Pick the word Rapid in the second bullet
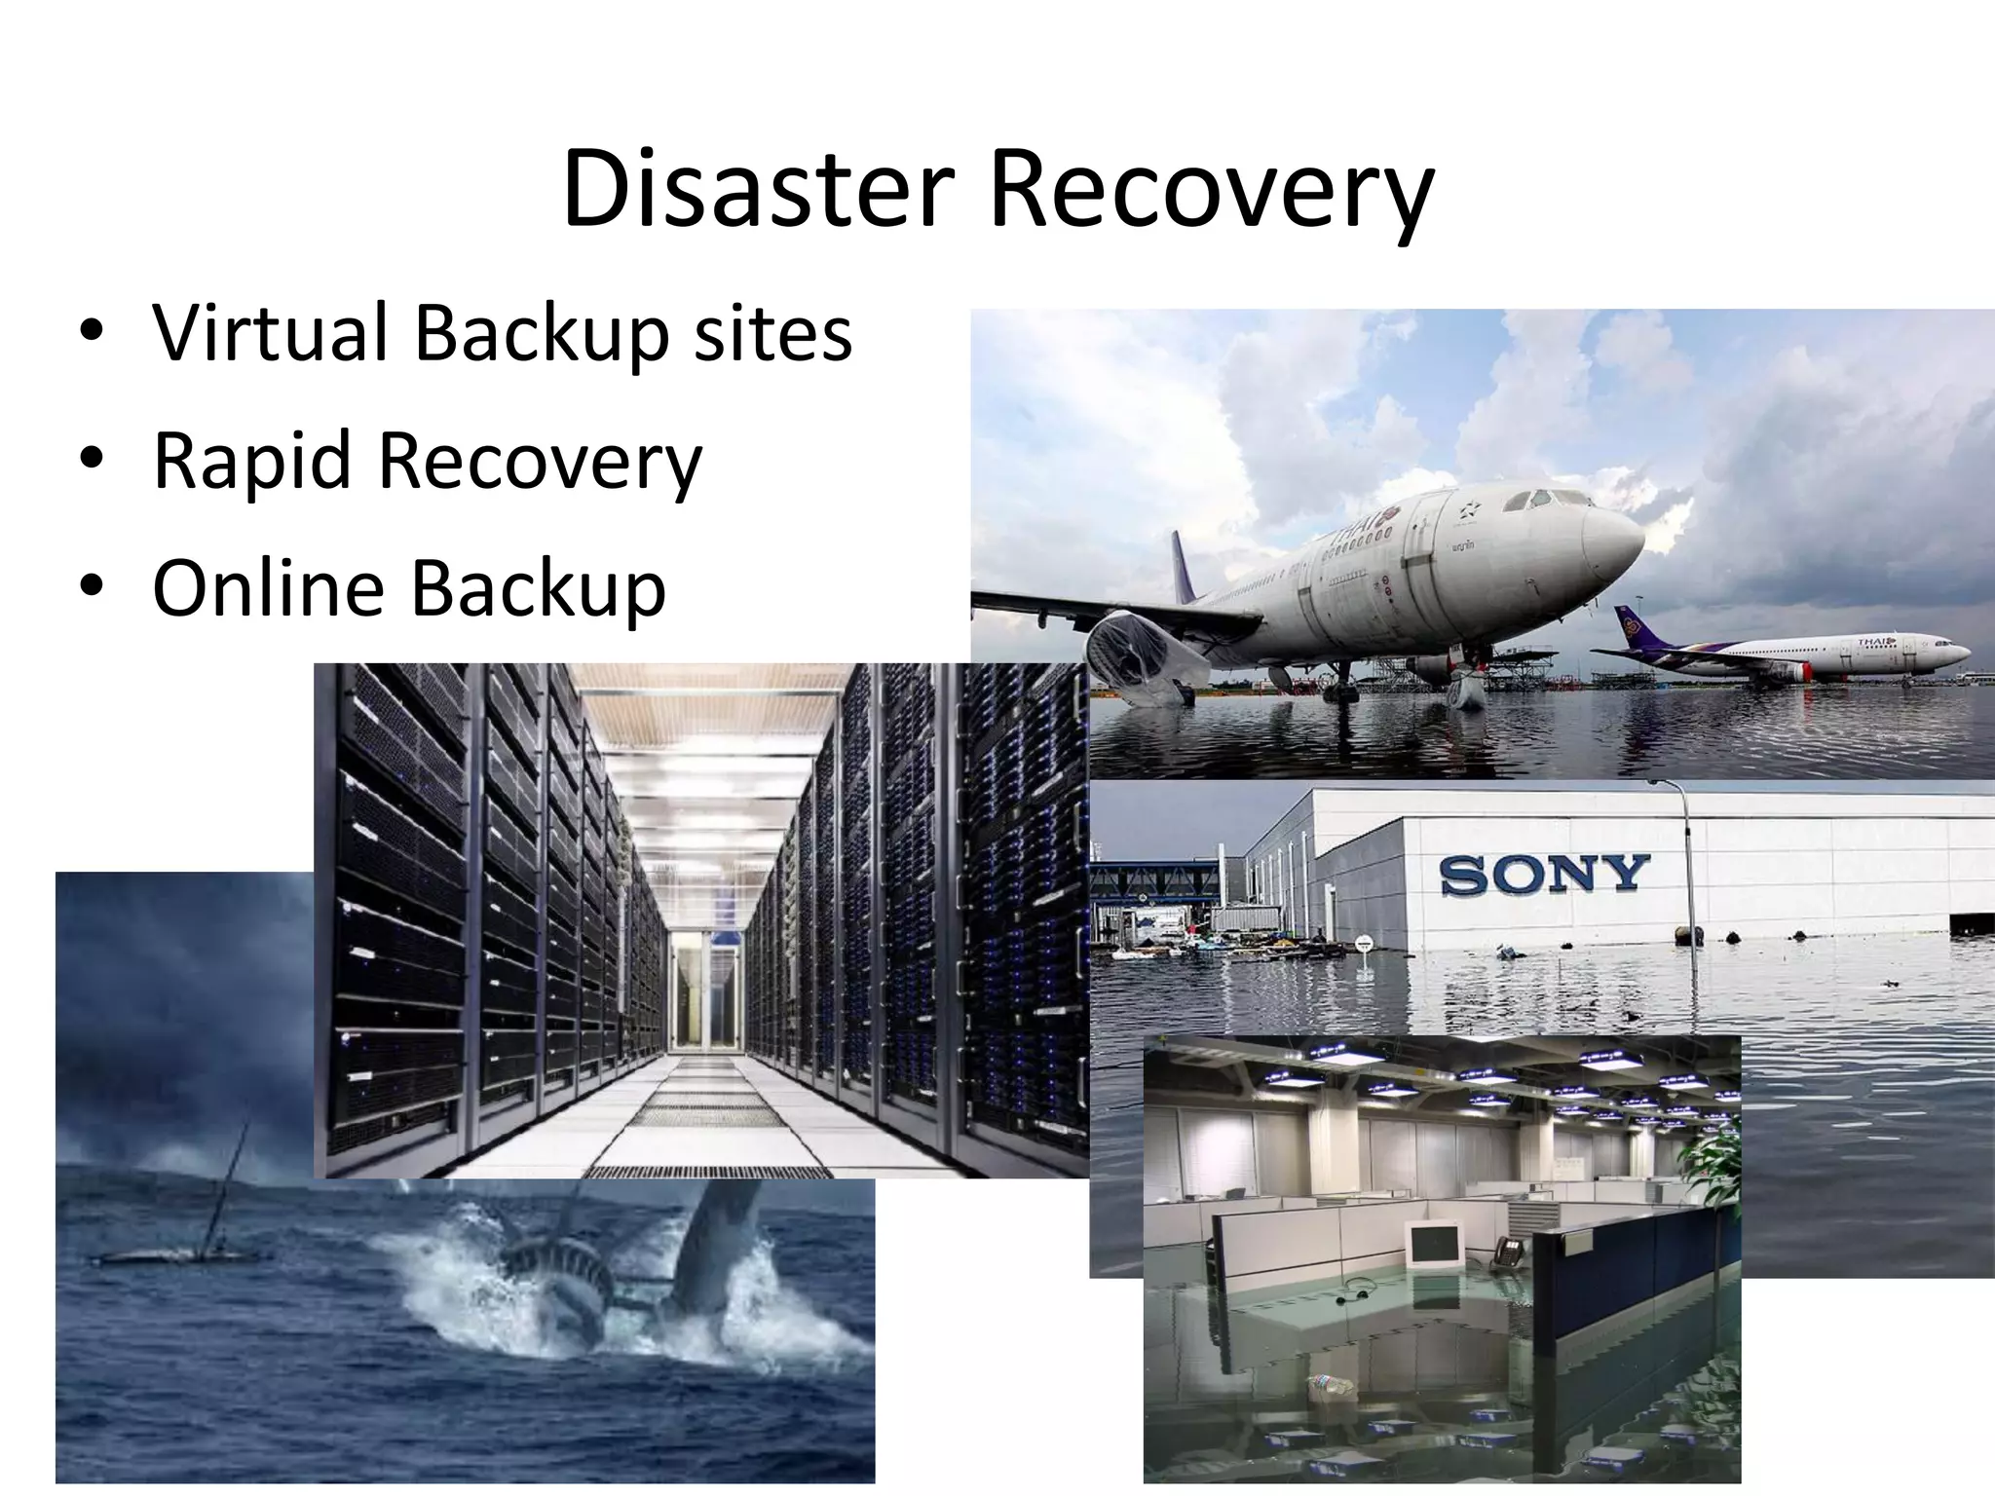pyautogui.click(x=251, y=462)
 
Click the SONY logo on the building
pyautogui.click(x=1543, y=875)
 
